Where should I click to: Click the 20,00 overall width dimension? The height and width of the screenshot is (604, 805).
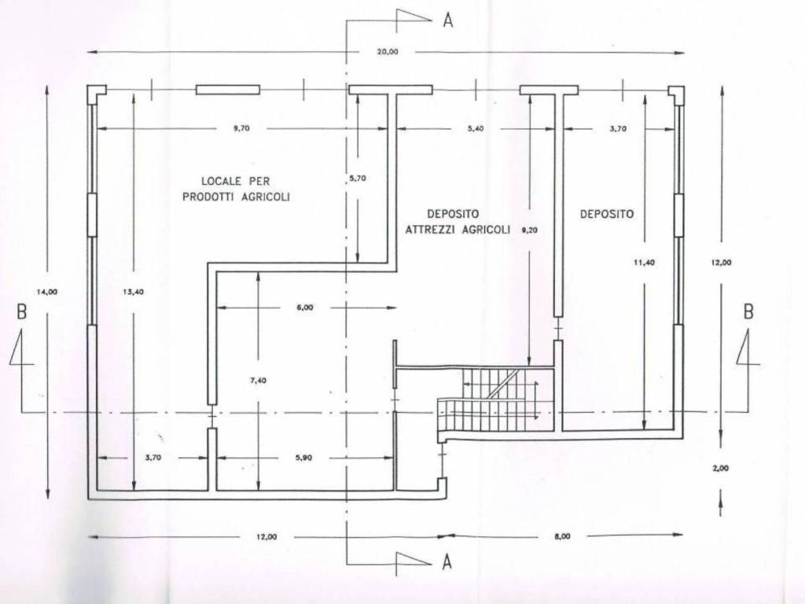coord(387,51)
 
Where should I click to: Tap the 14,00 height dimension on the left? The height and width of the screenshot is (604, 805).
coord(47,292)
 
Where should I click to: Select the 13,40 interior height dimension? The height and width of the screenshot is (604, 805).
coord(134,292)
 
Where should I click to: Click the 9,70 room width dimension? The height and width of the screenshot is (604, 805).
coord(241,128)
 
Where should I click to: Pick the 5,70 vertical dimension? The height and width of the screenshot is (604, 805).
coord(358,179)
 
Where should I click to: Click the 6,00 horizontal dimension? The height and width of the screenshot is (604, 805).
coord(304,308)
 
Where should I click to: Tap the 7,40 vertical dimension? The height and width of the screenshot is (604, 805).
coord(257,381)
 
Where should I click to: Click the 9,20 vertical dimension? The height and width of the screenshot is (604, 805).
coord(529,230)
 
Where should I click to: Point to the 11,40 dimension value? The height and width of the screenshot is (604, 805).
coord(645,263)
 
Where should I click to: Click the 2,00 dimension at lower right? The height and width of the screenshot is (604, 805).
coord(720,468)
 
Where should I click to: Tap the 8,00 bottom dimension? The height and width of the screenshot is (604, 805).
coord(562,536)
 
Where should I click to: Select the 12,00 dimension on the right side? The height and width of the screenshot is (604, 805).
coord(721,263)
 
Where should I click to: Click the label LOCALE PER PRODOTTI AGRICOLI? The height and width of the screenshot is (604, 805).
coord(236,189)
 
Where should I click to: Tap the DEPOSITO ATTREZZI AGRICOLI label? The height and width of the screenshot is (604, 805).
coord(458,221)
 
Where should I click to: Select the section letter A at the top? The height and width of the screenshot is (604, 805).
coord(448,20)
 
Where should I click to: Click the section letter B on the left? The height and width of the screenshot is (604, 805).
coord(21,311)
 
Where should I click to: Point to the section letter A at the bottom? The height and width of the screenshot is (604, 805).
coord(447,562)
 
